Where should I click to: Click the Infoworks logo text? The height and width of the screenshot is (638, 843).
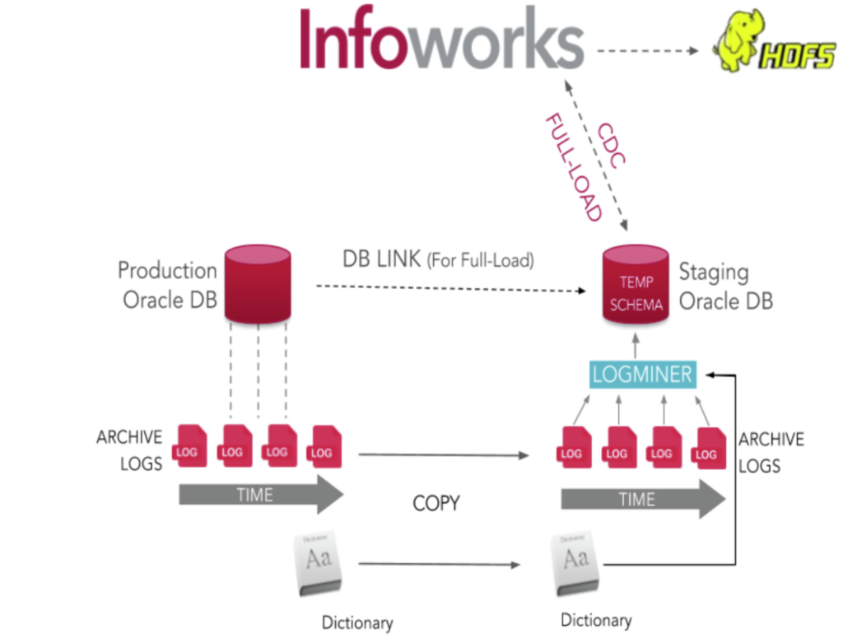[441, 38]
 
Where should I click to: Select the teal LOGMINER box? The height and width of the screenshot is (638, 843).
[642, 374]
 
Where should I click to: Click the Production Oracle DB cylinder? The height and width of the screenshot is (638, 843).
[258, 284]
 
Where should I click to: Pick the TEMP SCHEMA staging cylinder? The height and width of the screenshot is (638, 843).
[636, 284]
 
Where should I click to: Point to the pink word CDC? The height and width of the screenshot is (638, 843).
[612, 145]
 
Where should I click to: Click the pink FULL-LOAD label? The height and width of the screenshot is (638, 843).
[574, 167]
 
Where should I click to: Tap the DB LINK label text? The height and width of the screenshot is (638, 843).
[381, 259]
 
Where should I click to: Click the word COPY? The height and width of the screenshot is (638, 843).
[436, 503]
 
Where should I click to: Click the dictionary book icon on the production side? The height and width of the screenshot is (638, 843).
[319, 564]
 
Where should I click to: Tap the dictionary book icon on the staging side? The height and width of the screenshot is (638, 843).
[575, 563]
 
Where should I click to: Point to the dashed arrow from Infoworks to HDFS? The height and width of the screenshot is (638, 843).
[648, 51]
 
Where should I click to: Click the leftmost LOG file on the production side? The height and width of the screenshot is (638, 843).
[190, 445]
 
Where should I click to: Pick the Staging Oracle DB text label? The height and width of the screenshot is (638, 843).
[726, 286]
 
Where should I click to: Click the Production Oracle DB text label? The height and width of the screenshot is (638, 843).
[168, 285]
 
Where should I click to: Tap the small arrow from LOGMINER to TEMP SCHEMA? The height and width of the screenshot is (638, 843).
[636, 346]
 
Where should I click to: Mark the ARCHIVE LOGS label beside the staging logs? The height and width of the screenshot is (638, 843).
[771, 453]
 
